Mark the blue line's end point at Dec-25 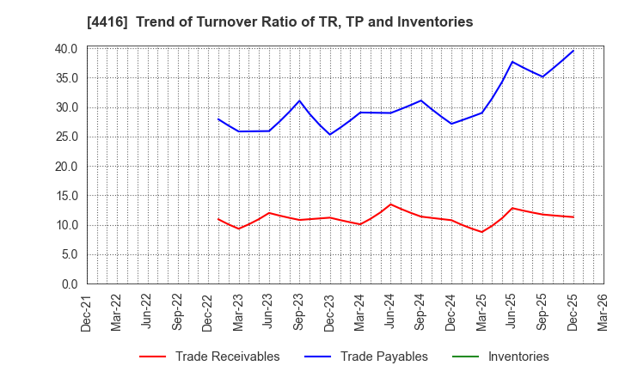pos(573,51)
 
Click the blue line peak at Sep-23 pos(299,101)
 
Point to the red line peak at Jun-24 pos(390,204)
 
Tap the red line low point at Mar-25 pos(481,232)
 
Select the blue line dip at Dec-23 pos(329,134)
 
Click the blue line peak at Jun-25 pos(512,62)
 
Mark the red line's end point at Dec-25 pos(573,216)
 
